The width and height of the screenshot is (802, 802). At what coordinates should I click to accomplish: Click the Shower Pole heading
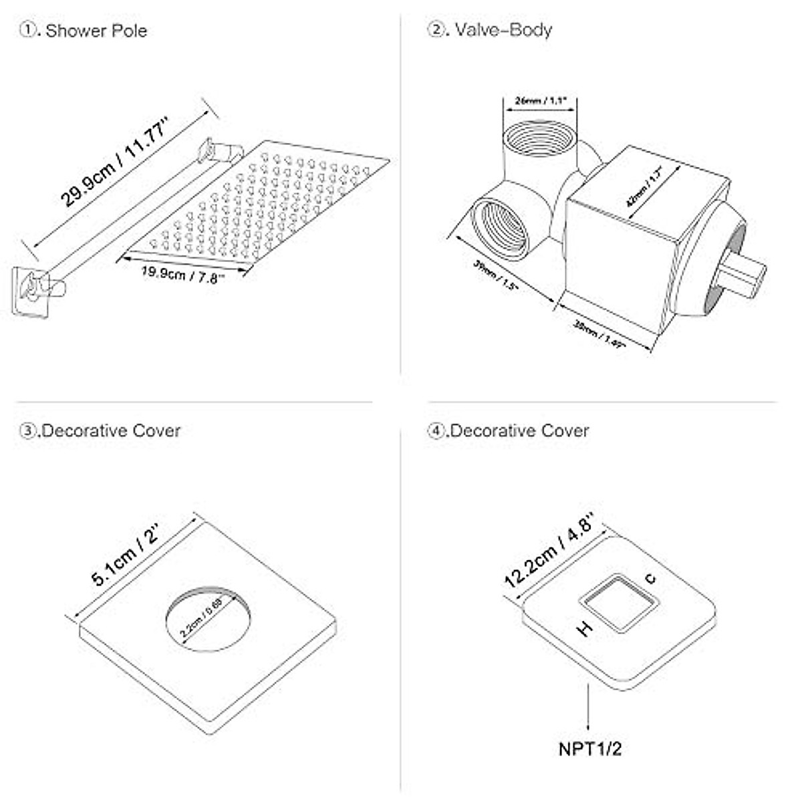click(x=96, y=31)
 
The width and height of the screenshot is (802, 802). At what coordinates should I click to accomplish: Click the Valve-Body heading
click(x=503, y=30)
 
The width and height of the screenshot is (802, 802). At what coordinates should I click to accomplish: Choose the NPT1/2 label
click(x=589, y=748)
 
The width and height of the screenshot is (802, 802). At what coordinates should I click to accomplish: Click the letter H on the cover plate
click(x=585, y=628)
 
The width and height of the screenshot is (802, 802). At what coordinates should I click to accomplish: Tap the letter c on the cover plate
click(x=650, y=579)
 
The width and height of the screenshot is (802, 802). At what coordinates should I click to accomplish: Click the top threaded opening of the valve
click(x=535, y=138)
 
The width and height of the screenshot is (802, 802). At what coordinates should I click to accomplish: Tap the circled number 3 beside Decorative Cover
click(x=28, y=430)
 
